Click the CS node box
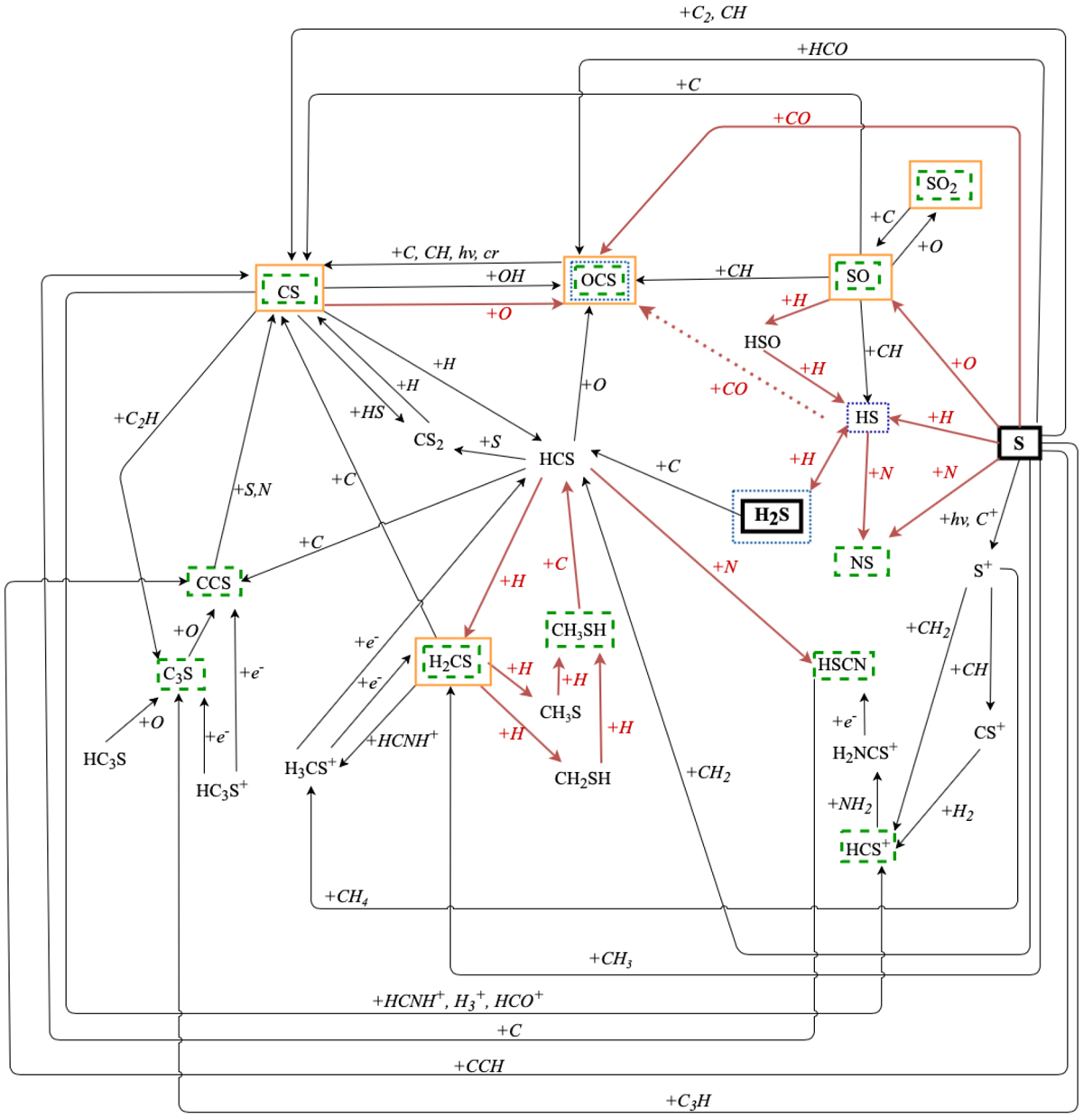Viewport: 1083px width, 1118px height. pos(289,289)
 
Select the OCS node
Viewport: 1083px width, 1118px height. pos(599,280)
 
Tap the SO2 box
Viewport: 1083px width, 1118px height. pos(944,185)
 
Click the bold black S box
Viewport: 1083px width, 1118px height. pos(1019,443)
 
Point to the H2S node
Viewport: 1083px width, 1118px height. pos(772,517)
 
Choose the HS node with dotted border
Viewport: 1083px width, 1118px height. pos(866,417)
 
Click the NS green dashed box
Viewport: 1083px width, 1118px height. pos(861,562)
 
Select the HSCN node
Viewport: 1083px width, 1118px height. pos(843,666)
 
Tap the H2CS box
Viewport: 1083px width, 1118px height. pos(451,662)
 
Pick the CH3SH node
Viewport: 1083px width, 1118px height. pos(579,629)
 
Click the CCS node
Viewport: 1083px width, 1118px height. pos(214,582)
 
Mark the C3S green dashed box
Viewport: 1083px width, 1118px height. pos(179,674)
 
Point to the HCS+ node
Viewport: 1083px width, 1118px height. pos(866,849)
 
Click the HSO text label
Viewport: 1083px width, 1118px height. pos(762,342)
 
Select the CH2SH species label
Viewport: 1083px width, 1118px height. pos(582,778)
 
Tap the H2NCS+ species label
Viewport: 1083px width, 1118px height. pos(864,753)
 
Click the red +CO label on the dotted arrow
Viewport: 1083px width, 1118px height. pos(728,389)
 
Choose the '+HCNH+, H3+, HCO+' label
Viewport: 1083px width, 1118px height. pos(458,1000)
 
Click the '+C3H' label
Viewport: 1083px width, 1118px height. pos(688,1101)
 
